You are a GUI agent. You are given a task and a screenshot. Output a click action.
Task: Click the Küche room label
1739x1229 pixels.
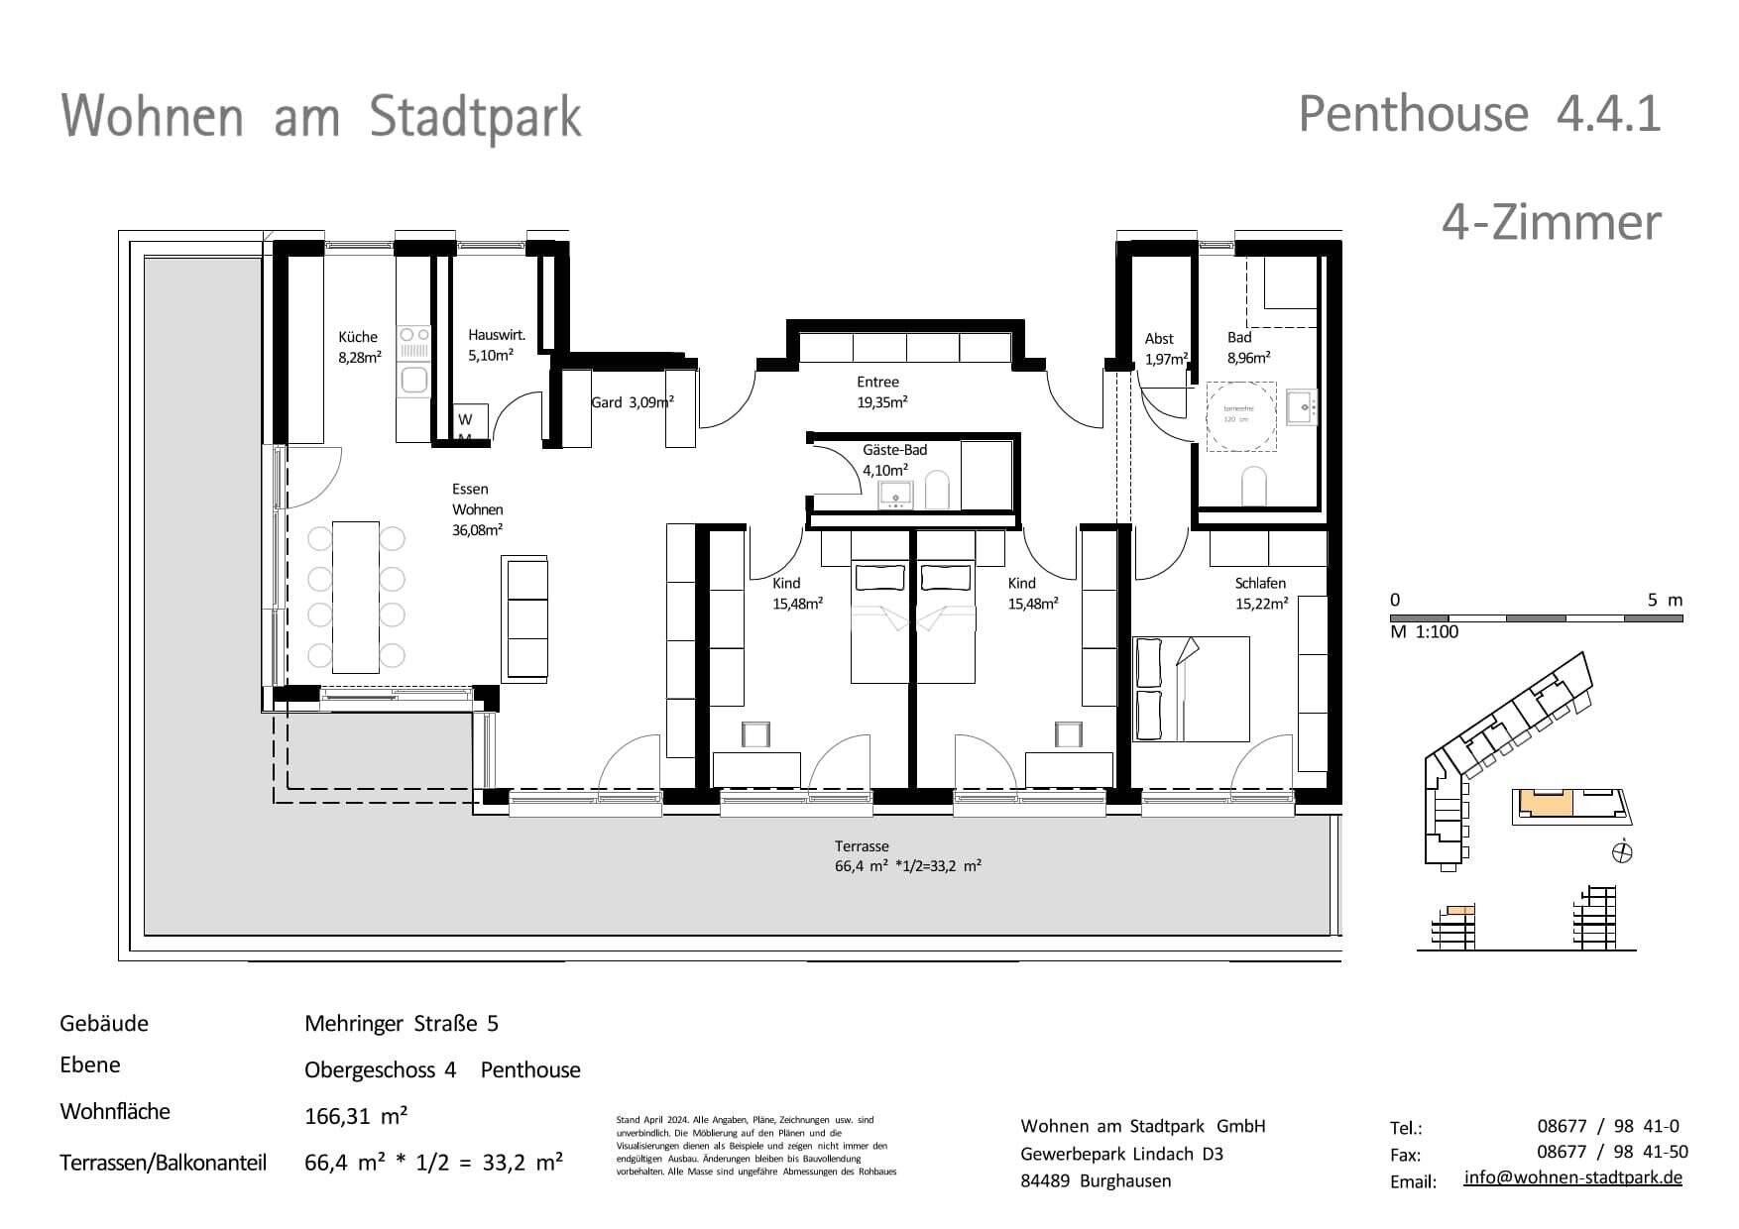pyautogui.click(x=358, y=337)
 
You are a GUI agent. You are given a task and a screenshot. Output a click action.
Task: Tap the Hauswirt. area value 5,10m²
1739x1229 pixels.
pyautogui.click(x=491, y=355)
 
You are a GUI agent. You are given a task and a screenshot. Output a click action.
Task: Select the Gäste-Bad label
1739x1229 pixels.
pyautogui.click(x=894, y=450)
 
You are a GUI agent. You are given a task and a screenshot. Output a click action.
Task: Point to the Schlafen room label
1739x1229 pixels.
pyautogui.click(x=1260, y=584)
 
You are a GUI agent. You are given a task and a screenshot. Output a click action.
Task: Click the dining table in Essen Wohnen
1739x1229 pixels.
pyautogui.click(x=356, y=598)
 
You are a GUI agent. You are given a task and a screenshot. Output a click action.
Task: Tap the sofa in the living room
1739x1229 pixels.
pyautogui.click(x=526, y=617)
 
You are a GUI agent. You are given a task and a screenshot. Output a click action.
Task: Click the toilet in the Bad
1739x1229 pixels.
pyautogui.click(x=1254, y=485)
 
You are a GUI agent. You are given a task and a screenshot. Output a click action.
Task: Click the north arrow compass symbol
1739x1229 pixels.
pyautogui.click(x=1623, y=851)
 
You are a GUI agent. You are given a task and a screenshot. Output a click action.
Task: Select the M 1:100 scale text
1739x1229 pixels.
pyautogui.click(x=1424, y=632)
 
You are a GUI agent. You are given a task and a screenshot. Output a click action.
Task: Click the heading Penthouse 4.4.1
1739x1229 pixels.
pyautogui.click(x=1479, y=114)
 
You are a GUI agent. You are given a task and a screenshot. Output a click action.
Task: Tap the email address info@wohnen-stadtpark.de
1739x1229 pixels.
pyautogui.click(x=1572, y=1177)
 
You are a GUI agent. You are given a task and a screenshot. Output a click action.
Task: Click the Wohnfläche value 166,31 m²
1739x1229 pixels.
pyautogui.click(x=356, y=1116)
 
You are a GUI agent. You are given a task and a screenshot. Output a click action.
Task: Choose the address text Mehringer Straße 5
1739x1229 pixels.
pyautogui.click(x=402, y=1024)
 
